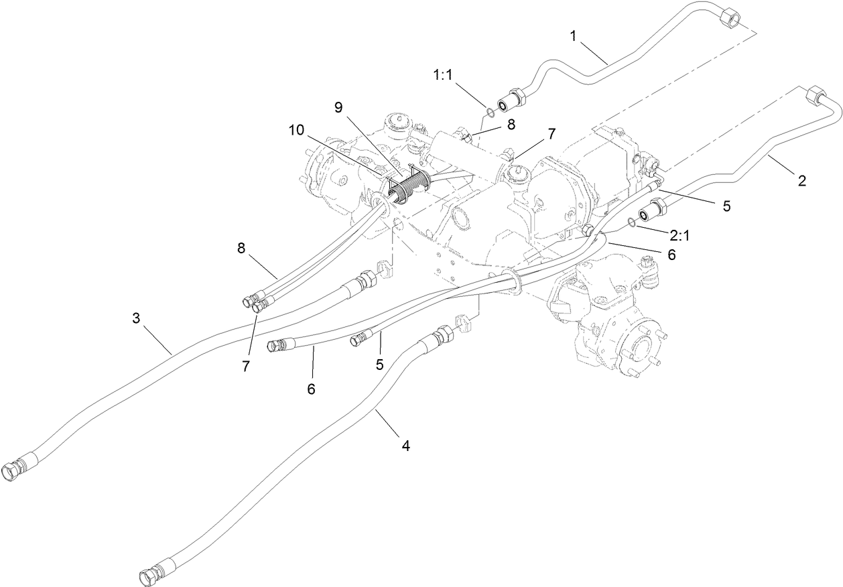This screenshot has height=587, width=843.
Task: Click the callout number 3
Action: point(136,318)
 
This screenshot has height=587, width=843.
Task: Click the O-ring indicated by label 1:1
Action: point(491,111)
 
